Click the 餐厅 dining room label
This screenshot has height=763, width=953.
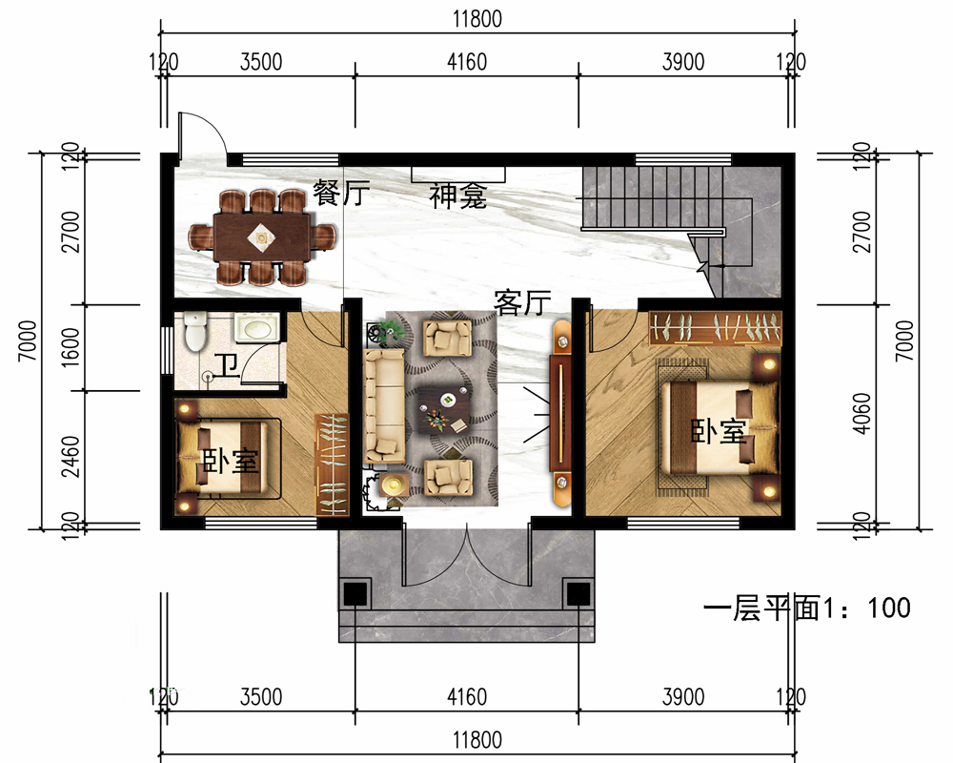point(341,193)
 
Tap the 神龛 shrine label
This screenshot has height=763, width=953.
point(457,196)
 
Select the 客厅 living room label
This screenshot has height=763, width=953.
point(522,302)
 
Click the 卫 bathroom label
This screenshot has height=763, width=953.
point(228,365)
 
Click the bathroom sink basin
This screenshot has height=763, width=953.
point(255,329)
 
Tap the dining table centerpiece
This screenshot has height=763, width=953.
point(261,237)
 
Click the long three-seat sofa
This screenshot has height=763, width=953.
point(384,405)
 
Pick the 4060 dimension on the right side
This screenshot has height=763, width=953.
point(862,413)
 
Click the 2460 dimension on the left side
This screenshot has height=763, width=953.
point(71,456)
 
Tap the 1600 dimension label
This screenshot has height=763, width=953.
point(71,347)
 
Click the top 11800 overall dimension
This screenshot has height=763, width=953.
point(477,19)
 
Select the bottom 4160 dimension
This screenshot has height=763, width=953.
point(467,697)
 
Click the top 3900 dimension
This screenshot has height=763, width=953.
point(683,62)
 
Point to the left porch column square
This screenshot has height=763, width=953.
point(355,594)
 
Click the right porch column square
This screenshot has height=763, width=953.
point(578,594)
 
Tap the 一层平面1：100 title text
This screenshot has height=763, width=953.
point(807,608)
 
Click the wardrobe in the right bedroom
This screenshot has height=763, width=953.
point(715,328)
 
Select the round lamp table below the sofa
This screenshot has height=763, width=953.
point(394,485)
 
